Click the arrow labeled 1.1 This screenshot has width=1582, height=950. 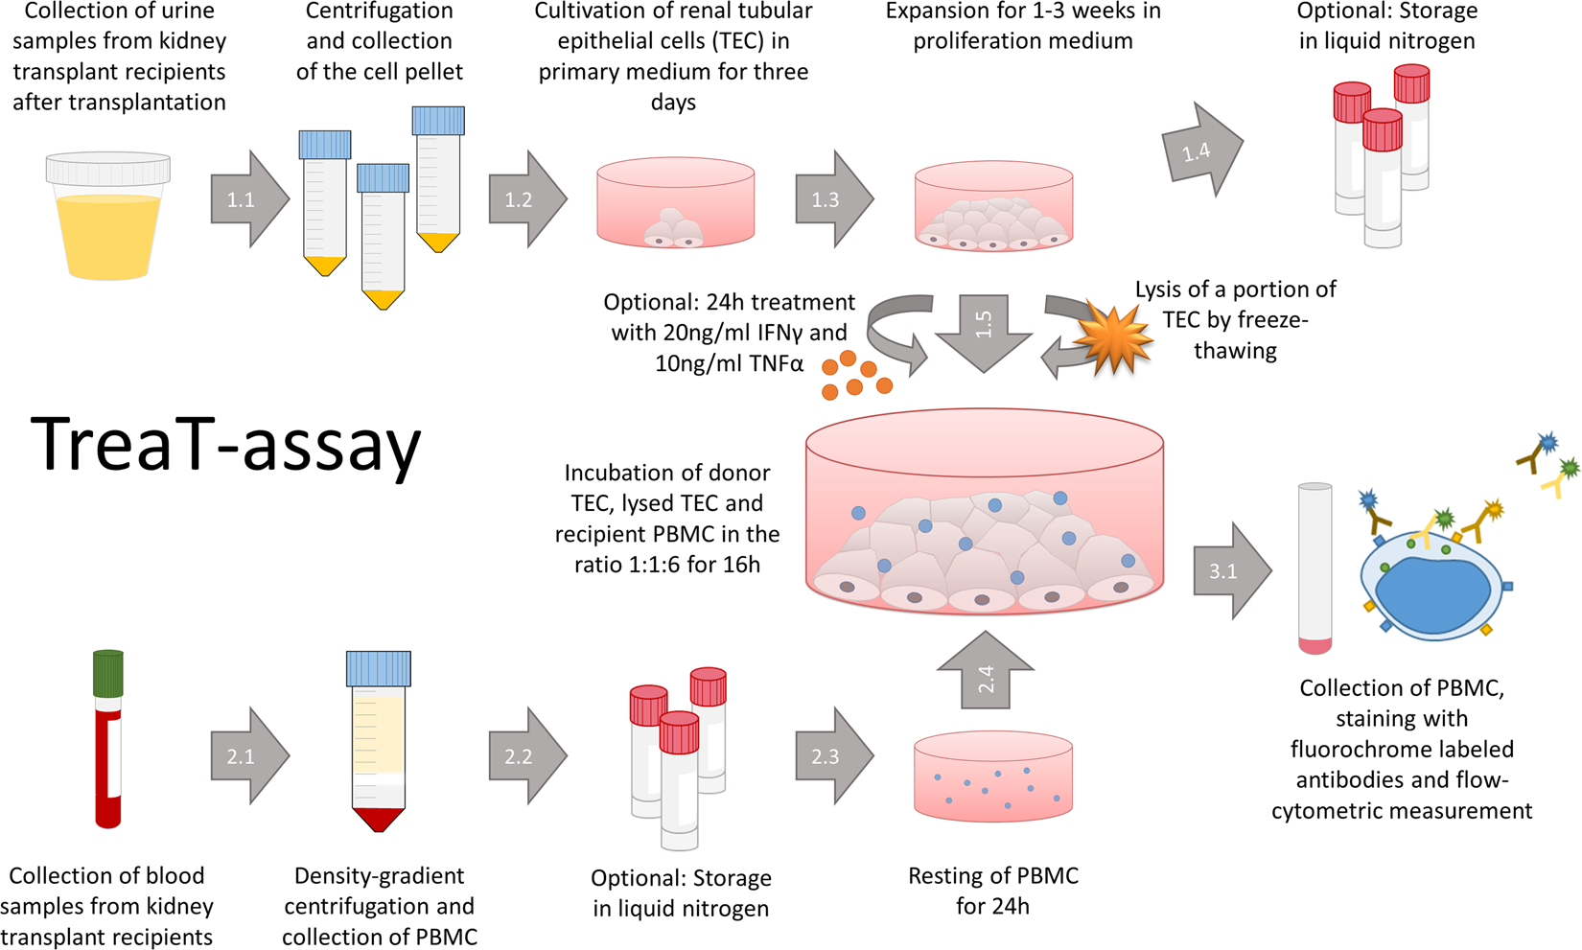(247, 199)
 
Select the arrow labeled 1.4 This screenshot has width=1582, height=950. (1200, 151)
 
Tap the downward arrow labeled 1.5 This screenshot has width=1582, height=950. (984, 332)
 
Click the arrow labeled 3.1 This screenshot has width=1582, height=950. (1230, 571)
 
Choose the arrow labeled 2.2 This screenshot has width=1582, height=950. (525, 756)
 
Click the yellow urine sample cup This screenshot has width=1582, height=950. (108, 218)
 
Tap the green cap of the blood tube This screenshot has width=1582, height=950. (108, 672)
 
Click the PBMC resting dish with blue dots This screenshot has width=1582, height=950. (993, 777)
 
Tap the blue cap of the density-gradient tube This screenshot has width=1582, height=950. (379, 669)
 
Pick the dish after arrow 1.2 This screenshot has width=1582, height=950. (675, 203)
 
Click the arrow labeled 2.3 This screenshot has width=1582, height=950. (832, 756)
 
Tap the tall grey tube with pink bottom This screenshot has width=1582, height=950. (1314, 568)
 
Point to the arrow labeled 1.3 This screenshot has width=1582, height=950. (832, 199)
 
